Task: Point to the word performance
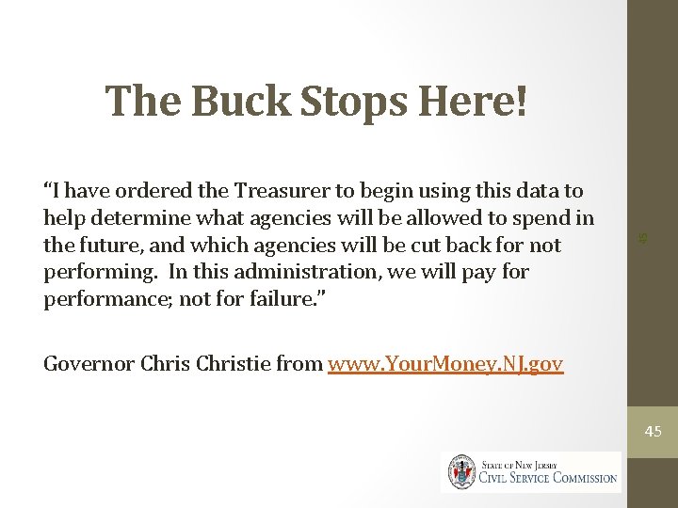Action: [106, 299]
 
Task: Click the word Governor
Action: [88, 364]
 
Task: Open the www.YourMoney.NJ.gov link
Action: [445, 364]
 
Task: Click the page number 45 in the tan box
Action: [653, 432]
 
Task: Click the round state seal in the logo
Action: [461, 472]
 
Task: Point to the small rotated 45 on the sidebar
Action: [642, 239]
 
